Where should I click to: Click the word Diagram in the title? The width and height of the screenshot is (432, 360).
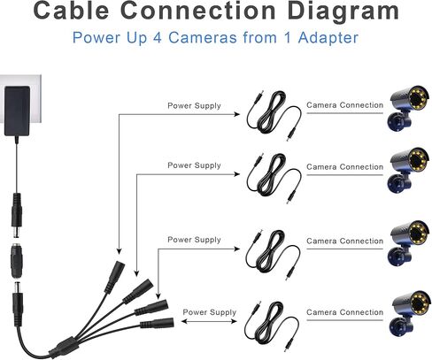click(x=343, y=11)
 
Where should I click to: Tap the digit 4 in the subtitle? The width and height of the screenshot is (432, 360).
click(x=158, y=38)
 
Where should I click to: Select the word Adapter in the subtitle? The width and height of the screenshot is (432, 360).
click(x=328, y=38)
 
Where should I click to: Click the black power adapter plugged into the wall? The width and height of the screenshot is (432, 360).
click(x=17, y=111)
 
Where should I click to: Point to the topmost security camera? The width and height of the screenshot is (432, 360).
click(x=408, y=108)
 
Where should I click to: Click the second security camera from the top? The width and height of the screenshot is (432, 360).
click(x=408, y=170)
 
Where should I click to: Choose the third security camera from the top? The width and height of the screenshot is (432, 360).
click(x=408, y=243)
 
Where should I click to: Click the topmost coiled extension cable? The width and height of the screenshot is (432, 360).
click(x=274, y=115)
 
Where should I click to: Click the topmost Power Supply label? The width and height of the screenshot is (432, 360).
click(x=194, y=105)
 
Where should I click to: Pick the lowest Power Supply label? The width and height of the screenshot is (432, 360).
click(x=210, y=312)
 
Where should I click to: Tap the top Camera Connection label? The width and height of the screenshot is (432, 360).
click(x=344, y=105)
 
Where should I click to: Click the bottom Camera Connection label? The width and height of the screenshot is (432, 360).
click(x=344, y=312)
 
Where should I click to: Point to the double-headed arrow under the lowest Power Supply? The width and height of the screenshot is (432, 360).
click(x=209, y=321)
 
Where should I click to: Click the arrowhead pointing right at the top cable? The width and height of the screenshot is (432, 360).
click(x=236, y=114)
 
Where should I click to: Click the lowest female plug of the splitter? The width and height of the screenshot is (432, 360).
click(x=157, y=323)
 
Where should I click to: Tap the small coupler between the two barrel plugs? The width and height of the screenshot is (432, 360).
click(x=17, y=261)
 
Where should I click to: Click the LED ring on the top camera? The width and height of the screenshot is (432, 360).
click(x=419, y=98)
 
